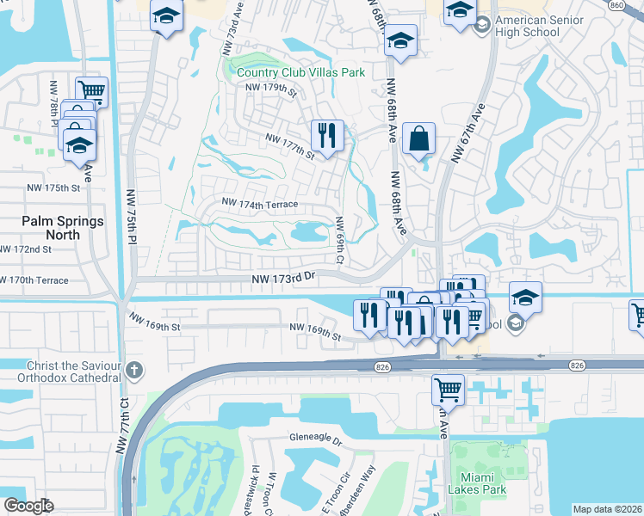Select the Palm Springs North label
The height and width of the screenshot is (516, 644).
[x=62, y=227]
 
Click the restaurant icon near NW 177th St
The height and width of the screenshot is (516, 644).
[x=327, y=135]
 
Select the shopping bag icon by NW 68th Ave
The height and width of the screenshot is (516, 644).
[x=418, y=138]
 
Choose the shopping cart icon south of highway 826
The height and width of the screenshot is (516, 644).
[x=448, y=389]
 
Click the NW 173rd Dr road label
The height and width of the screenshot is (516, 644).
[x=285, y=279]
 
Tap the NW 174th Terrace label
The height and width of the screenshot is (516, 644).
[x=260, y=204]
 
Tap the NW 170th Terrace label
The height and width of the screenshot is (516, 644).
[x=34, y=280]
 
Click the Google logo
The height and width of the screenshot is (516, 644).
[x=28, y=506]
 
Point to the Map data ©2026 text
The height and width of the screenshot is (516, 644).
[x=607, y=509]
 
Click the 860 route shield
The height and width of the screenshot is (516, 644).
[x=638, y=5]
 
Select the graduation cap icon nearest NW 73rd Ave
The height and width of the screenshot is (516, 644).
[x=165, y=15]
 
